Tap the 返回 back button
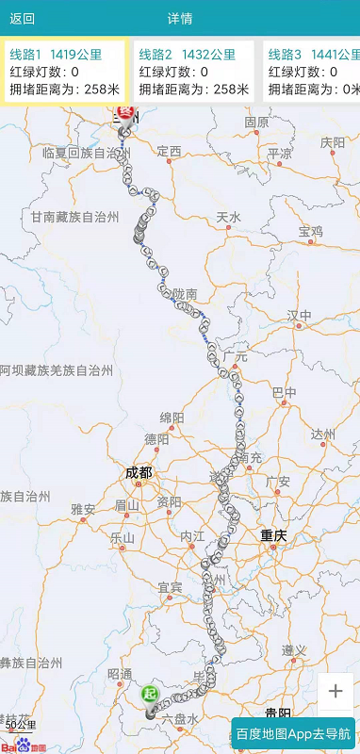[x=23, y=19]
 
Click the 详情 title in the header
[x=180, y=19]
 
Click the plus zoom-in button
[x=335, y=691]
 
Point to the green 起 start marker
[x=150, y=695]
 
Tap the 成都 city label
[x=139, y=472]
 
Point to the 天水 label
[x=229, y=218]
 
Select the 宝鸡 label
[x=311, y=231]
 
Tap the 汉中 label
[x=300, y=314]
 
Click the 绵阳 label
[x=172, y=418]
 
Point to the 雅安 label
[x=83, y=509]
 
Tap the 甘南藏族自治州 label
[x=75, y=217]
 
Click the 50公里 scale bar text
[x=21, y=725]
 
